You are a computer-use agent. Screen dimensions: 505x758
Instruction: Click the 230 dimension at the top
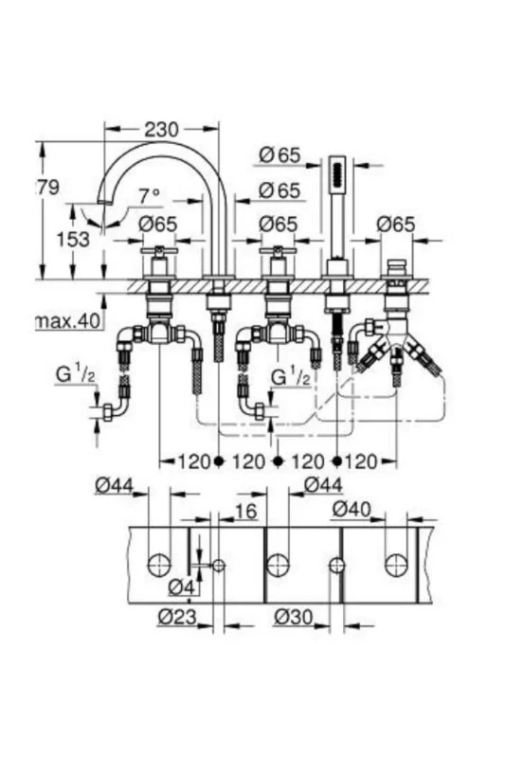click(161, 129)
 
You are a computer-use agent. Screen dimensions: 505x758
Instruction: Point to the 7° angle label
click(150, 196)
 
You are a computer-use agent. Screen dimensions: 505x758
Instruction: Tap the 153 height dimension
click(73, 239)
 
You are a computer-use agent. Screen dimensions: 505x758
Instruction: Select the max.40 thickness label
click(67, 320)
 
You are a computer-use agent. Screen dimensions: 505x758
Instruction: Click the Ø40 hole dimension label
click(352, 509)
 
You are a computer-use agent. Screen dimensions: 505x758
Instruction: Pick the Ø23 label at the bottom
click(178, 617)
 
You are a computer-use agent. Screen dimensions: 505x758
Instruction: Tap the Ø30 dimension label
click(293, 617)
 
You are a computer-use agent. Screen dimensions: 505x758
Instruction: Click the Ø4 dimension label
click(181, 587)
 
